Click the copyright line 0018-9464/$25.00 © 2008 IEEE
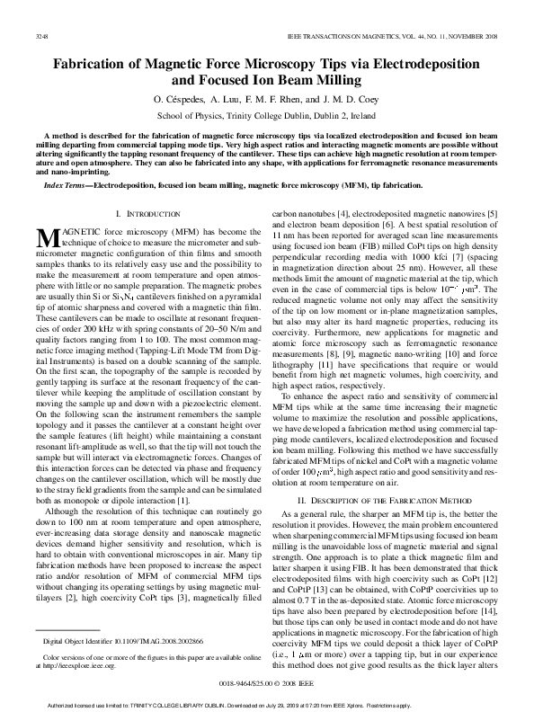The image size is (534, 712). pyautogui.click(x=266, y=683)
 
